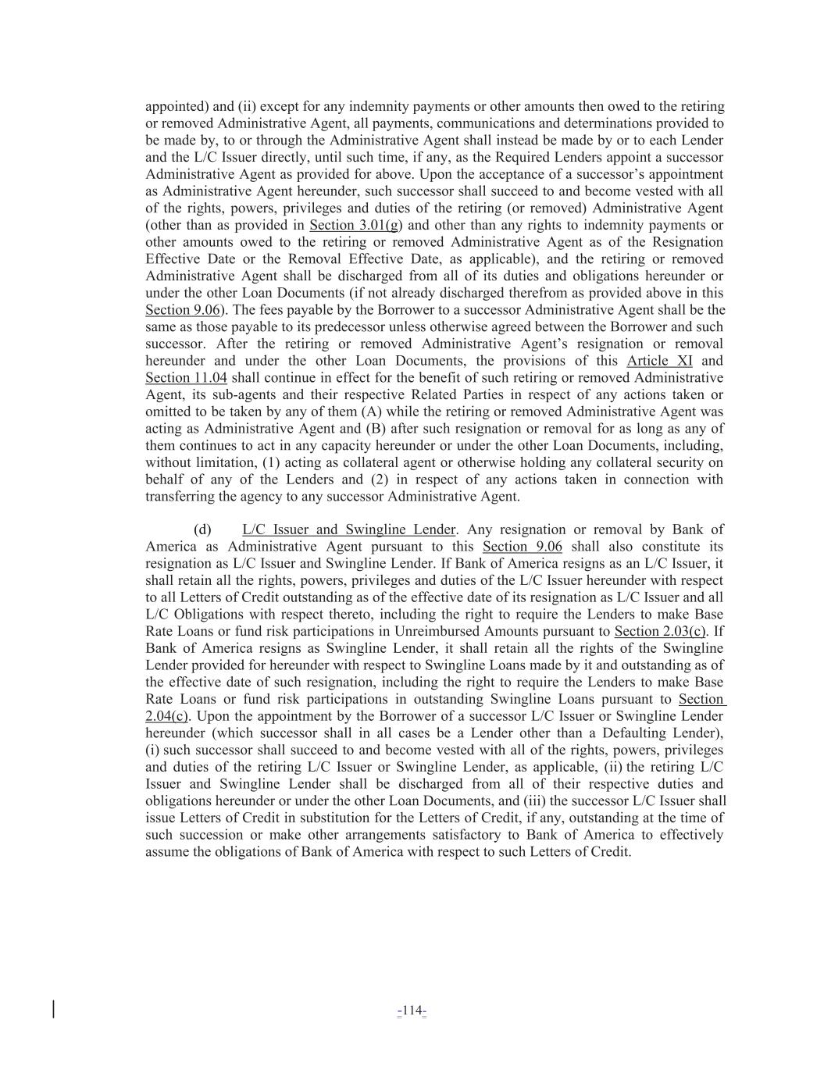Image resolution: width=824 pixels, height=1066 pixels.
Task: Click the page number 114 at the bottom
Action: coord(412,1011)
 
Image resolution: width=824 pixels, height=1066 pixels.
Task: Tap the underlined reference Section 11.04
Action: coord(186,378)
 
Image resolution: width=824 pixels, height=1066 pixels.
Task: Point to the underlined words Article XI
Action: coord(659,361)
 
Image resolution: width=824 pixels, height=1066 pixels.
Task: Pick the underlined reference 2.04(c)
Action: coord(166,716)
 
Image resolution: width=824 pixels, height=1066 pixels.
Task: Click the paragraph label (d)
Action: coord(202,529)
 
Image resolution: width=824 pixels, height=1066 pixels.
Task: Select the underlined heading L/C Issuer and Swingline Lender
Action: coord(348,529)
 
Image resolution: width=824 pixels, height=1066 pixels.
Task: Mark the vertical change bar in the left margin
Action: coord(53,1009)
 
